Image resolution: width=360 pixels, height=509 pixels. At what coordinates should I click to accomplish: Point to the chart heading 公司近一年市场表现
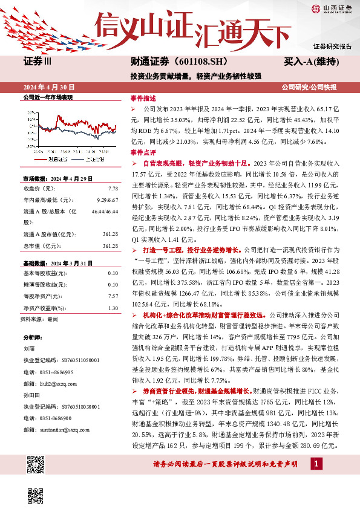click(x=48, y=97)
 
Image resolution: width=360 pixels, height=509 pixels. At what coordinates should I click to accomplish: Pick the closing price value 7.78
click(x=113, y=187)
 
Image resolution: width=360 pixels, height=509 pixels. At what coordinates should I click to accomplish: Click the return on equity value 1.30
click(x=113, y=308)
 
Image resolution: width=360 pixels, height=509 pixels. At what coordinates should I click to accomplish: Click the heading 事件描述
click(x=143, y=97)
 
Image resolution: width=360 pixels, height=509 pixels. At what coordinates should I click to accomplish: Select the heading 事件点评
click(x=143, y=152)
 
